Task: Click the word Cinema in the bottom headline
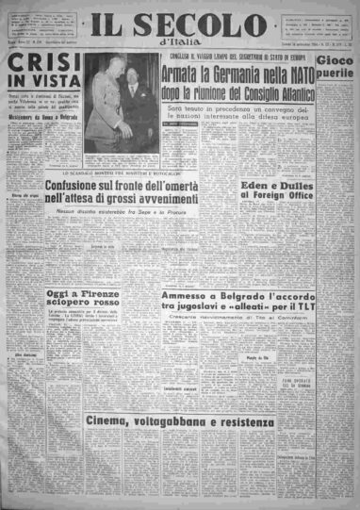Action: click(x=112, y=447)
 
